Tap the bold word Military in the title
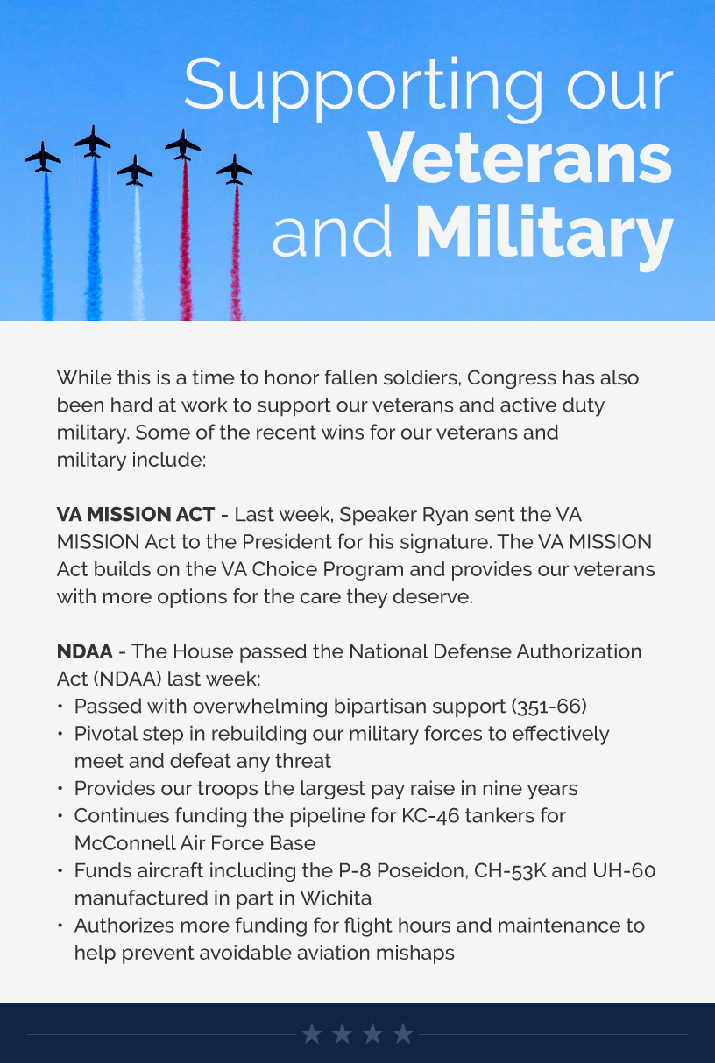[543, 233]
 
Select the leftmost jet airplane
[43, 158]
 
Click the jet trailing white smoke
[135, 170]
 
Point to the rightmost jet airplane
[235, 169]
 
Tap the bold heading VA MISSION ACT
[135, 514]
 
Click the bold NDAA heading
[85, 651]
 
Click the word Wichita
[336, 898]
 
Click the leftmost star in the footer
[312, 1035]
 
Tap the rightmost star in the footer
[403, 1035]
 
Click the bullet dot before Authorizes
[60, 926]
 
